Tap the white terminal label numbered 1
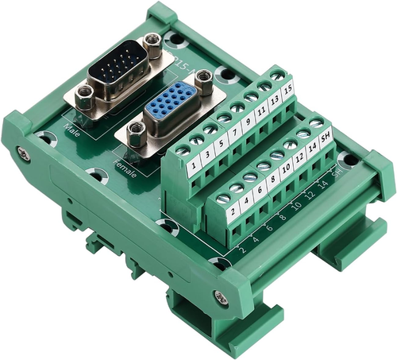(x=195, y=168)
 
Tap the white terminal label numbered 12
(x=301, y=157)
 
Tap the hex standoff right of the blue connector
(x=204, y=78)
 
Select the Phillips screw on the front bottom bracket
(x=221, y=299)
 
